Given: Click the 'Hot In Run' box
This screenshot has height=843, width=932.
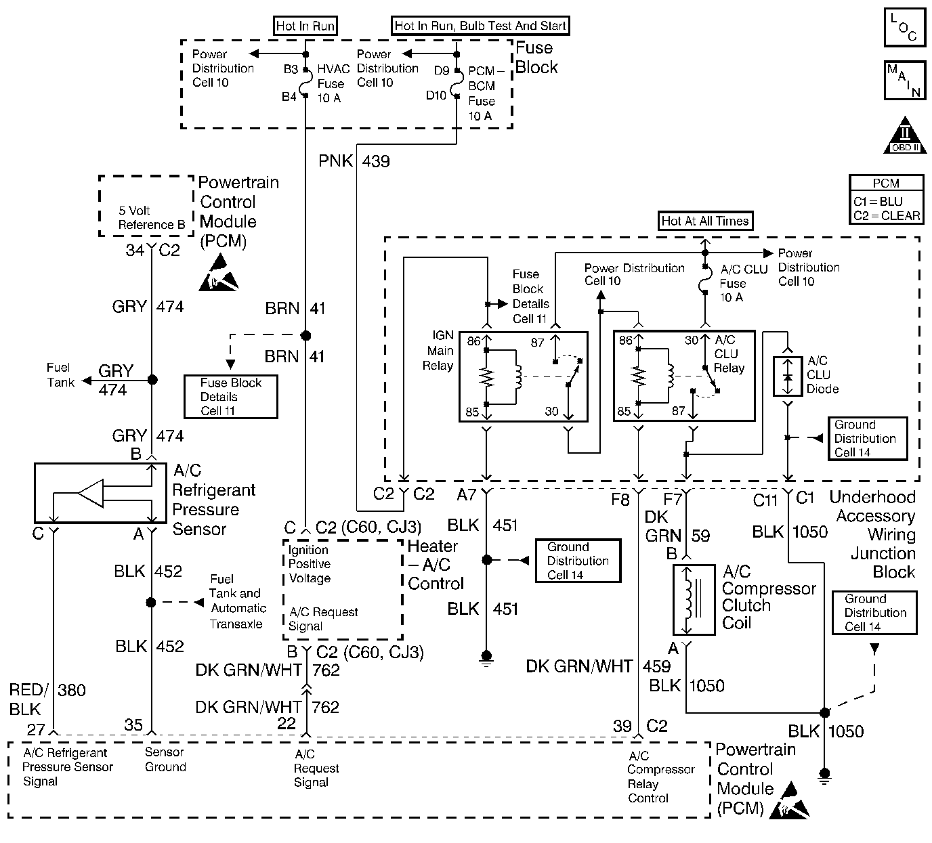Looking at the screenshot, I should [305, 26].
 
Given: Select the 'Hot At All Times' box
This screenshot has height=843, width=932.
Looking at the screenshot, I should [705, 221].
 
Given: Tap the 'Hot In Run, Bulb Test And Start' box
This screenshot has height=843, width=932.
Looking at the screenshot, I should [480, 26].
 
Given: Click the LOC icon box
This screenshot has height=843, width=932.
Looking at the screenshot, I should [904, 28].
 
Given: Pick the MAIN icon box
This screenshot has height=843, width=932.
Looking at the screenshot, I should [904, 81].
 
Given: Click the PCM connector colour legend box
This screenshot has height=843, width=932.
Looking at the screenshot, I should [886, 200].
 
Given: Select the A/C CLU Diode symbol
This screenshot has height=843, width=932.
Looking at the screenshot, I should [787, 376].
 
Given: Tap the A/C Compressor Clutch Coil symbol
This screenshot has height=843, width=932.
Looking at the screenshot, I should [693, 600].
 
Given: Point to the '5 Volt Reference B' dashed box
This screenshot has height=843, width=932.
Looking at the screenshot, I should [147, 206].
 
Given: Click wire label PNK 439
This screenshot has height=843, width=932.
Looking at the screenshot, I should [354, 161].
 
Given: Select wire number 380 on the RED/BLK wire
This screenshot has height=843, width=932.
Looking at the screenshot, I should [72, 690].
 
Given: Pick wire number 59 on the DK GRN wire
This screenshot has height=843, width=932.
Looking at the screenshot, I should [700, 536].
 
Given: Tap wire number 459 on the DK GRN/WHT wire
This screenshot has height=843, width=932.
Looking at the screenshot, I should [656, 667].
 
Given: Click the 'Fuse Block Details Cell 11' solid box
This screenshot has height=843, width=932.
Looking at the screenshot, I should [230, 397].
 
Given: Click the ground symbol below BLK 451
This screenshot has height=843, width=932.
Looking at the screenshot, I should [486, 656].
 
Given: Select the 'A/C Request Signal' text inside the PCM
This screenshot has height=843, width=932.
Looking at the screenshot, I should [316, 768].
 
